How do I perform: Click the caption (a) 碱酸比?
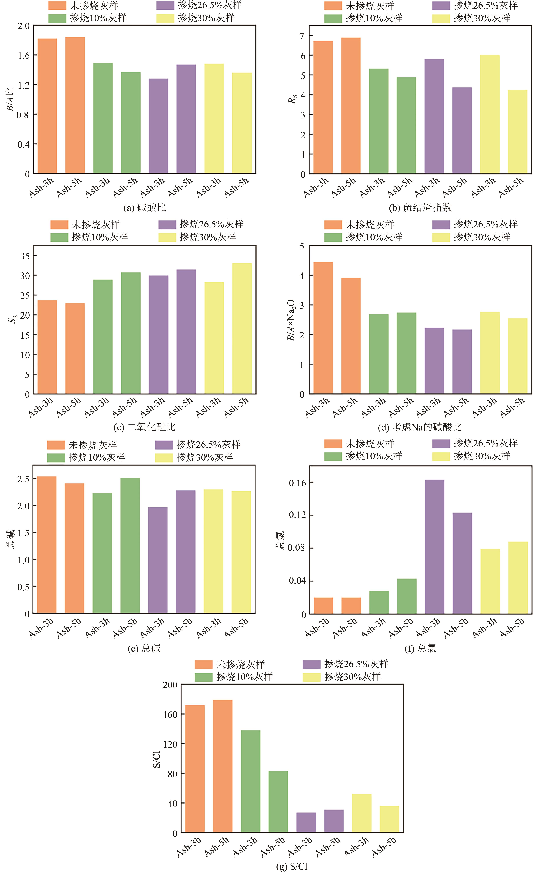[x=144, y=207]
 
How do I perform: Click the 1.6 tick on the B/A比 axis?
[x=24, y=55]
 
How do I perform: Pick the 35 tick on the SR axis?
[x=25, y=256]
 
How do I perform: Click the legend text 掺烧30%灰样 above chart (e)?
[x=205, y=457]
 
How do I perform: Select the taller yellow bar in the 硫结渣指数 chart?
[x=490, y=114]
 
